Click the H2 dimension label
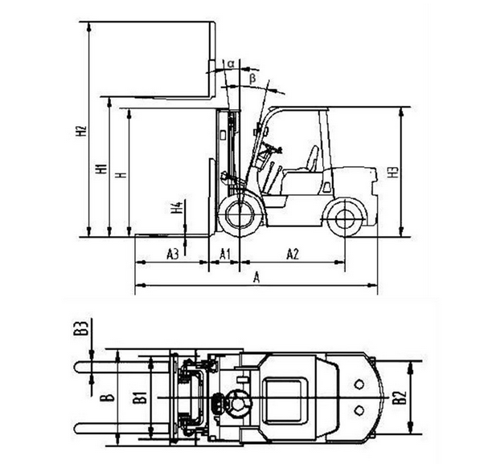(x=81, y=131)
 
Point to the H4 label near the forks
(x=178, y=208)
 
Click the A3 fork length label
(x=173, y=254)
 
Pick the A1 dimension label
(x=224, y=254)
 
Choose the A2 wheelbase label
(x=293, y=254)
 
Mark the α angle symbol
(x=231, y=64)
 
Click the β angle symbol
(x=252, y=79)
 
